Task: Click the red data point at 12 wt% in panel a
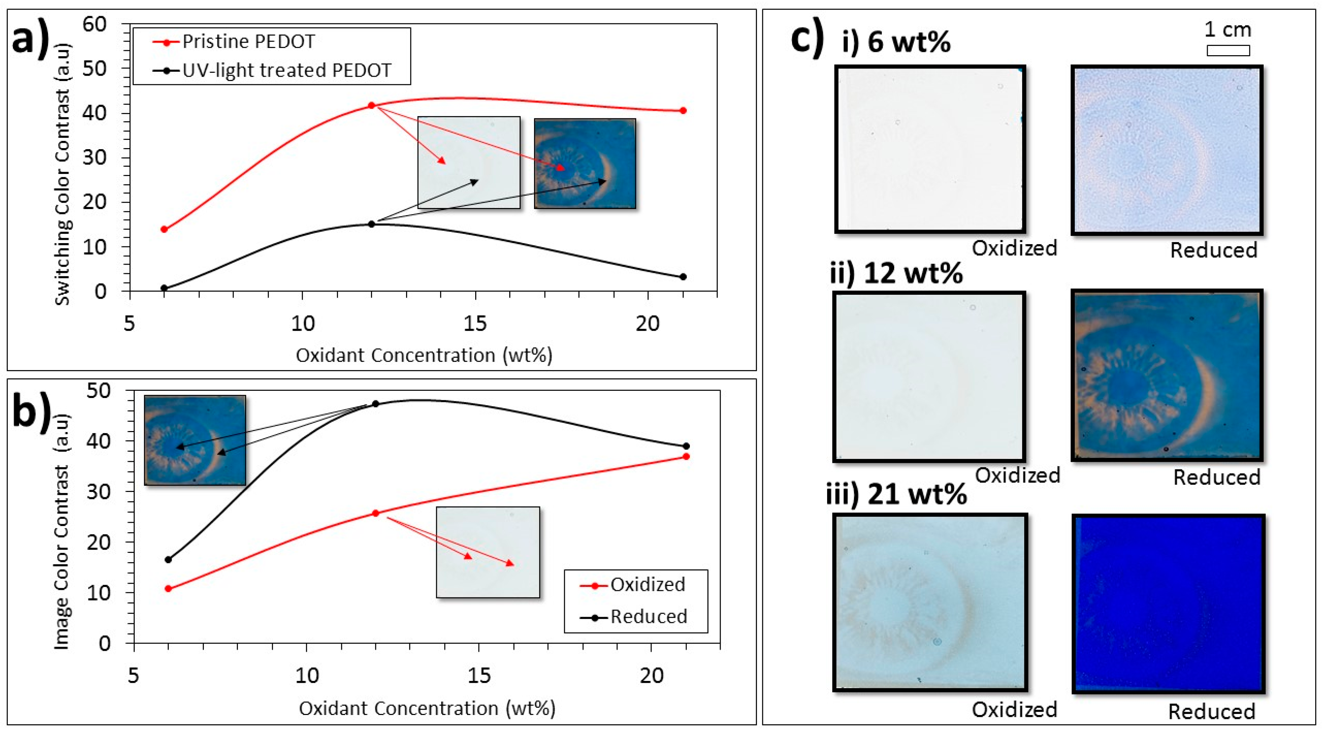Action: (x=372, y=105)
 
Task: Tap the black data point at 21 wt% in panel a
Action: (x=683, y=277)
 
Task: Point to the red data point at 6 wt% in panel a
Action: (x=164, y=229)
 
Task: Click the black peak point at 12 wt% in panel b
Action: (x=376, y=404)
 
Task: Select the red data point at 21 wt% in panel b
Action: (x=686, y=457)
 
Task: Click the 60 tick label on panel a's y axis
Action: (x=94, y=24)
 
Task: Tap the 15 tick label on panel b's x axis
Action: (x=479, y=676)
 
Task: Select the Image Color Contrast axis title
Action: (x=61, y=531)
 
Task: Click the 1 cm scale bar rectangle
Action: (x=1228, y=51)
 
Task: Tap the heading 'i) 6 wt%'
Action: (x=896, y=42)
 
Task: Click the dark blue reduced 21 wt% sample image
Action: (x=1168, y=604)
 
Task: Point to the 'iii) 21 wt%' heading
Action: (x=896, y=494)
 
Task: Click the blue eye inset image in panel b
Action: (x=195, y=440)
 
